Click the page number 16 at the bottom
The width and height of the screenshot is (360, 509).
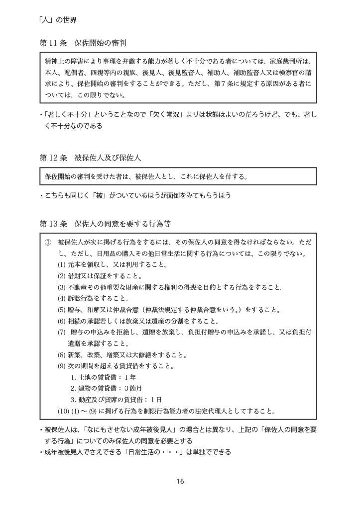tap(180, 481)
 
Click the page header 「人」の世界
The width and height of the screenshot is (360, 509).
tap(57, 20)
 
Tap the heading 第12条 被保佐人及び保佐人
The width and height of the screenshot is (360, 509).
tap(90, 158)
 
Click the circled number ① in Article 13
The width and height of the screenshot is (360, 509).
tap(48, 243)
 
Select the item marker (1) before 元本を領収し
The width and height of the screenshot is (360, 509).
tap(61, 265)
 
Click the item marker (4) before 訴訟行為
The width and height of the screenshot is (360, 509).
tap(61, 299)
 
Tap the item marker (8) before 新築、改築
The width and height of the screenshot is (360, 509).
tap(61, 355)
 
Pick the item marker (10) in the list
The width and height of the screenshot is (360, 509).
tap(63, 411)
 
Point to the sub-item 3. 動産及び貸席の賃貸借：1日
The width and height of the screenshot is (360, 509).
tap(116, 400)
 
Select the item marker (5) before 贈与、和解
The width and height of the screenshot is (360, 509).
tap(61, 310)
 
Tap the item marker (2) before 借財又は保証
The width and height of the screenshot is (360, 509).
tap(61, 276)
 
